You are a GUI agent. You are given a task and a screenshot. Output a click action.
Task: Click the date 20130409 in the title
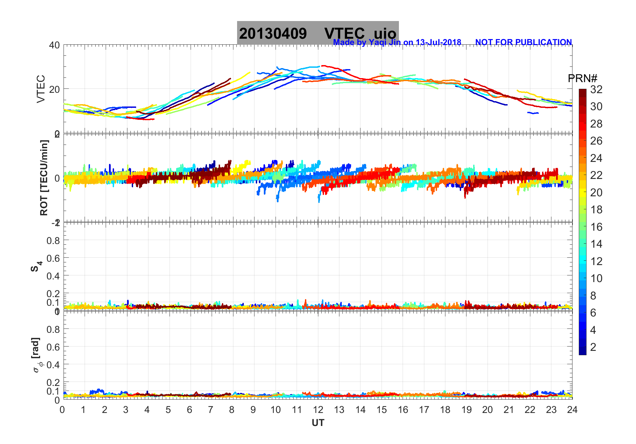(273, 34)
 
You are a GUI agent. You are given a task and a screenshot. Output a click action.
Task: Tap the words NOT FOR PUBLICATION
(523, 42)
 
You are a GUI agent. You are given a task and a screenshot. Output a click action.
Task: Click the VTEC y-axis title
(41, 89)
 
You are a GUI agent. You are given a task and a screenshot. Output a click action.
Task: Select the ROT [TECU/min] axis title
(44, 178)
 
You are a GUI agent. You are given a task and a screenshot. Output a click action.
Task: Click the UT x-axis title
(318, 423)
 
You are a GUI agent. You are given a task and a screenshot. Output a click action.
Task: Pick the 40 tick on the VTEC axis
(55, 45)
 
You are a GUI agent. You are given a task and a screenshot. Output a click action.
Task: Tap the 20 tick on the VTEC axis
(55, 89)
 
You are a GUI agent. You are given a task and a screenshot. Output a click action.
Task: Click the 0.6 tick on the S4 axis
(53, 258)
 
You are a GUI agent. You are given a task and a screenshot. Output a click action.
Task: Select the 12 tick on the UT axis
(318, 410)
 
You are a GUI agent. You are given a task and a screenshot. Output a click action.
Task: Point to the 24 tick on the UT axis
(572, 410)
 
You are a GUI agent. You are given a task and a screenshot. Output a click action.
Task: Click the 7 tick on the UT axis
(211, 410)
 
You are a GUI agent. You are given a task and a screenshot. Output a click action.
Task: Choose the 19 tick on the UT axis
(466, 410)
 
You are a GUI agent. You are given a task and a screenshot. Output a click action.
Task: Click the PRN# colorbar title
(582, 78)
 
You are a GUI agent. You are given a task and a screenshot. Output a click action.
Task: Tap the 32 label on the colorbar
(596, 89)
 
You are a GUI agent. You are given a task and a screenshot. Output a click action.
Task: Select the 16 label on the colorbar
(596, 227)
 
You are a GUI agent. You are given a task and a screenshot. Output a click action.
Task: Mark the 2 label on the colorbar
(593, 347)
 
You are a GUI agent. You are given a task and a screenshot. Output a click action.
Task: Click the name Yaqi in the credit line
(377, 42)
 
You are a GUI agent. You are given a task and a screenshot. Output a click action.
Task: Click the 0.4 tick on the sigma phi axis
(53, 365)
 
